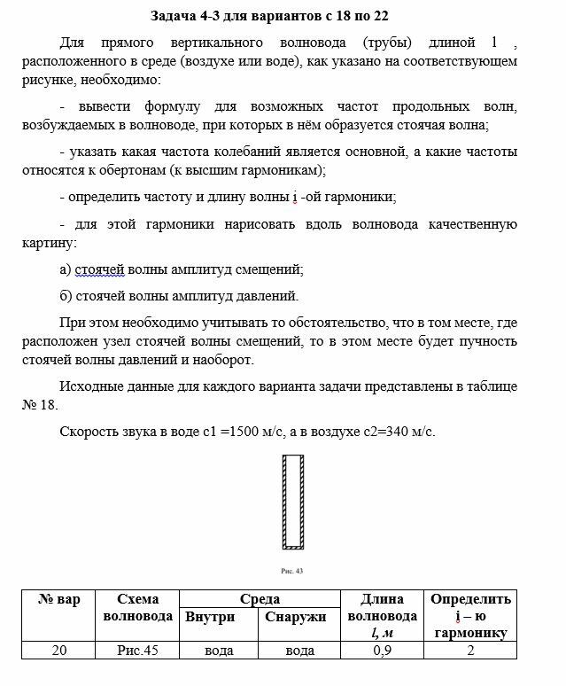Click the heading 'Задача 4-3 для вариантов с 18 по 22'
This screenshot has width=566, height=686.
coord(269,16)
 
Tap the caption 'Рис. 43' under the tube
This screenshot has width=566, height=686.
coord(291,571)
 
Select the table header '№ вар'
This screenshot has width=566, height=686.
coord(59,600)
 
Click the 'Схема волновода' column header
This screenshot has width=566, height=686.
coord(137,607)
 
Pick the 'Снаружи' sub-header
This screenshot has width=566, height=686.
coord(295,617)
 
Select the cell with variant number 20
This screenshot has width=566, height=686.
coord(59,651)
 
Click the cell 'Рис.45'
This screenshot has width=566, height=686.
coord(137,651)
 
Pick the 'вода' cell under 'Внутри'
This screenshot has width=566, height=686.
coord(218,651)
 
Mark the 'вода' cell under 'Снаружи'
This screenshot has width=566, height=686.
coord(299,651)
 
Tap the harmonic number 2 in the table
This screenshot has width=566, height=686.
coord(470,651)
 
